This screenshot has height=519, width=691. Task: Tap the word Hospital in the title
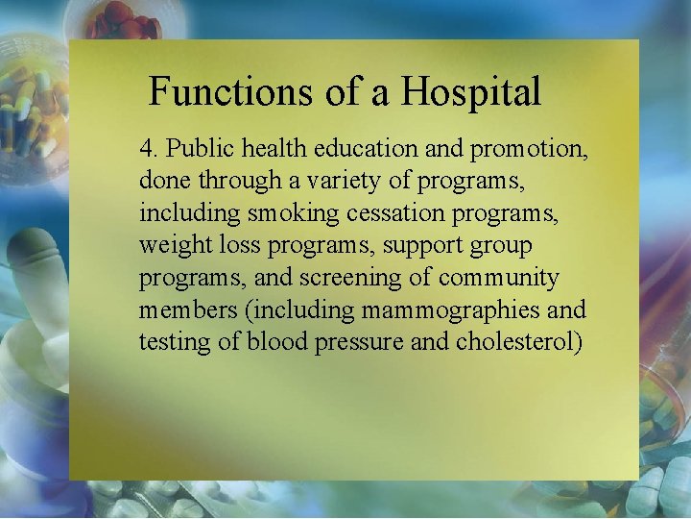[x=470, y=93]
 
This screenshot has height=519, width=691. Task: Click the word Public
[x=194, y=149]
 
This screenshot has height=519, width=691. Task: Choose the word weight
[x=171, y=246]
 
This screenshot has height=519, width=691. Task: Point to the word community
[x=498, y=278]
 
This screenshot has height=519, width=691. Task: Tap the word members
[x=179, y=309]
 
